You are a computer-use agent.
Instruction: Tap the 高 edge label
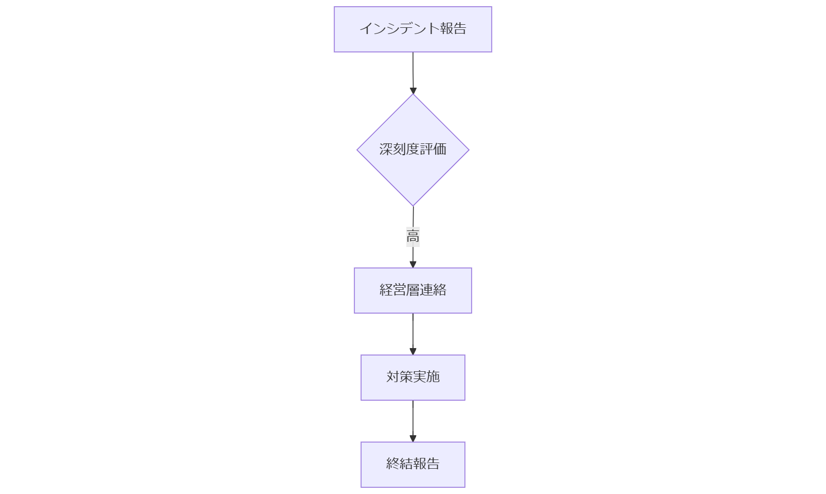(x=412, y=237)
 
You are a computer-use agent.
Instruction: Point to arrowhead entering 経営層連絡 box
(x=412, y=264)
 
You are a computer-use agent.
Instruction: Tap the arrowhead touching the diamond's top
(x=412, y=91)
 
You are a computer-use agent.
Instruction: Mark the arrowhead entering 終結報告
(x=412, y=438)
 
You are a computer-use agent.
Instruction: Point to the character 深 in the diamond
(x=386, y=149)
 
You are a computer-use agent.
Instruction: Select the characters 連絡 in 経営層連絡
(x=433, y=290)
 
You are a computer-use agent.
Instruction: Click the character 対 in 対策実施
(x=393, y=376)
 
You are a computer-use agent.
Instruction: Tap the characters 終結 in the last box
(x=400, y=463)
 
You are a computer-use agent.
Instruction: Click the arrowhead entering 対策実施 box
(x=412, y=351)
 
